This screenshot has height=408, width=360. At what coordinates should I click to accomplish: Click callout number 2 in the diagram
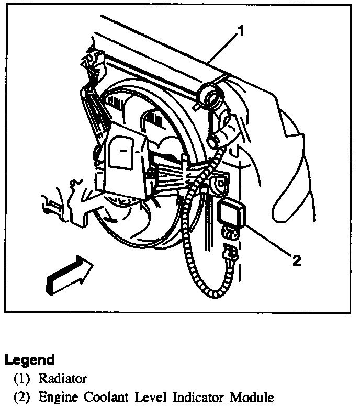(x=296, y=260)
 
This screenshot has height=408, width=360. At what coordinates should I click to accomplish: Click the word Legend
(x=29, y=360)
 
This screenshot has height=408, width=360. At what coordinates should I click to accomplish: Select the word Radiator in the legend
(x=63, y=378)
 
